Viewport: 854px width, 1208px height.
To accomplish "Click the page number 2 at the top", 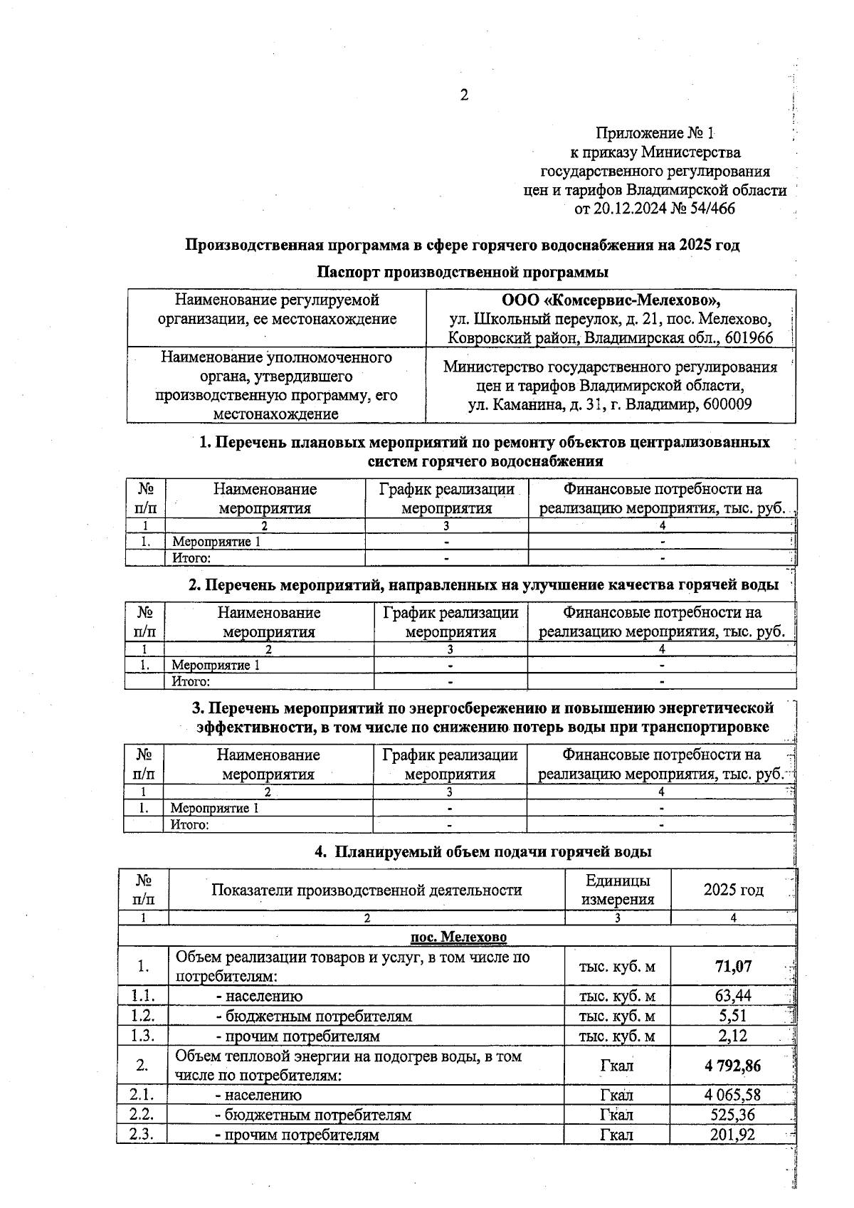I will tap(464, 95).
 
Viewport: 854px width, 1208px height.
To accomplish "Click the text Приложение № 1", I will tap(654, 133).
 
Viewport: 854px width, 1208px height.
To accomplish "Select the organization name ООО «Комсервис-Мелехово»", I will tap(611, 300).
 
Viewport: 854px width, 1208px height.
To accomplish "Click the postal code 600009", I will tap(726, 404).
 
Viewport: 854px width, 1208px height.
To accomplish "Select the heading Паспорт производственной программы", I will tap(463, 272).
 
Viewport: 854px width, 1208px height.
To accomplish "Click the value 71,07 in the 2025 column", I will tap(733, 967).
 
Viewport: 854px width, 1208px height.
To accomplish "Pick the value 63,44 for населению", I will tap(733, 996).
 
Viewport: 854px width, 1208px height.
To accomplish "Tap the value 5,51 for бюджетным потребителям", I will tap(733, 1016).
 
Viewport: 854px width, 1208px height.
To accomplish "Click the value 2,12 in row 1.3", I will tap(733, 1036).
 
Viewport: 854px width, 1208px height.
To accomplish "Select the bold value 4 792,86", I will tap(733, 1066).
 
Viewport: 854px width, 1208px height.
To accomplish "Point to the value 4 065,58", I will tap(733, 1095).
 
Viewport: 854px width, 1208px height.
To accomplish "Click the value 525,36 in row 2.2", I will tap(733, 1115).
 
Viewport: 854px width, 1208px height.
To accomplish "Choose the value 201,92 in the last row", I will tap(733, 1135).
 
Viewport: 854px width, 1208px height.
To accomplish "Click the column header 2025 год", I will tap(733, 890).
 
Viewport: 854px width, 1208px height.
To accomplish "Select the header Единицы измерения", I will tap(617, 890).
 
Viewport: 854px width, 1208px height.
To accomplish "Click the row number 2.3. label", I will tap(142, 1135).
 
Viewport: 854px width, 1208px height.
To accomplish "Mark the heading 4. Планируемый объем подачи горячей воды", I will tap(483, 851).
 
